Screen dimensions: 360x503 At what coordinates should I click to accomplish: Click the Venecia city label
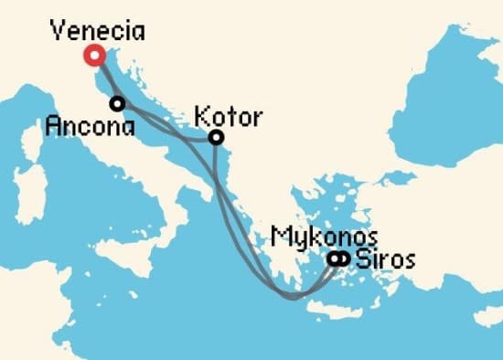(98, 30)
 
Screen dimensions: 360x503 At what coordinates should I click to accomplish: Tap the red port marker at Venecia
(93, 56)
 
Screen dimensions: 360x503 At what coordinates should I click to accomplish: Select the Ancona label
(90, 124)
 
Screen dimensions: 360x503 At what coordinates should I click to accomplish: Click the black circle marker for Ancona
(117, 103)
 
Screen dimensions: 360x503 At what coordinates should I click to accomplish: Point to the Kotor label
(229, 117)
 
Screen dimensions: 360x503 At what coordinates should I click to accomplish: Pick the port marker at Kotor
(216, 138)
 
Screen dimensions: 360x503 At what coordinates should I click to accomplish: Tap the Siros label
(385, 259)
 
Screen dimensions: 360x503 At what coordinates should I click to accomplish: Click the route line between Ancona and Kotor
(169, 127)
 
